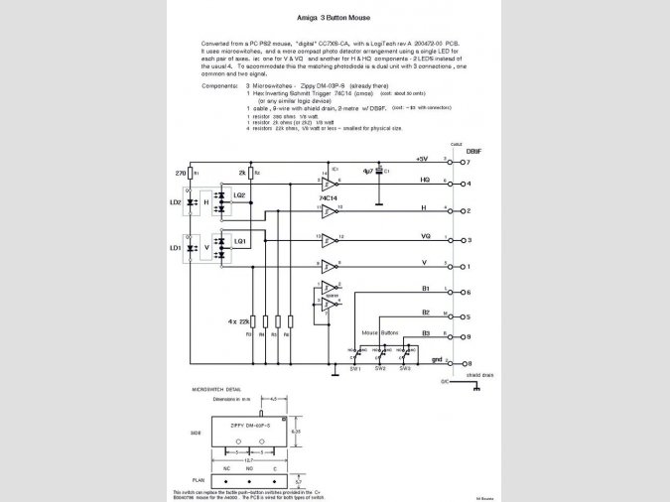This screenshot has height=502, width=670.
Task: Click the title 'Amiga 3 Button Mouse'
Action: point(335,18)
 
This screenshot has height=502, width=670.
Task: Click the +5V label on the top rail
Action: point(422,159)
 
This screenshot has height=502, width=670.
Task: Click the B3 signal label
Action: point(424,334)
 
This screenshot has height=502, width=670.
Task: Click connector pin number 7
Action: point(468,161)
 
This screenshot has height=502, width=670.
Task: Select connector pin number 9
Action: point(468,338)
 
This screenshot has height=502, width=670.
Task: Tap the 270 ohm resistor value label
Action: point(181,173)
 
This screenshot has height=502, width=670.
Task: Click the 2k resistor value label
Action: point(241,173)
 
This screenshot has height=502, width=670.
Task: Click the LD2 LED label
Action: point(176,202)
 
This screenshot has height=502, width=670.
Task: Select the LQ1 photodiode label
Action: point(239,241)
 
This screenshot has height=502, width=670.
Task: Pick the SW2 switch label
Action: point(380,369)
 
